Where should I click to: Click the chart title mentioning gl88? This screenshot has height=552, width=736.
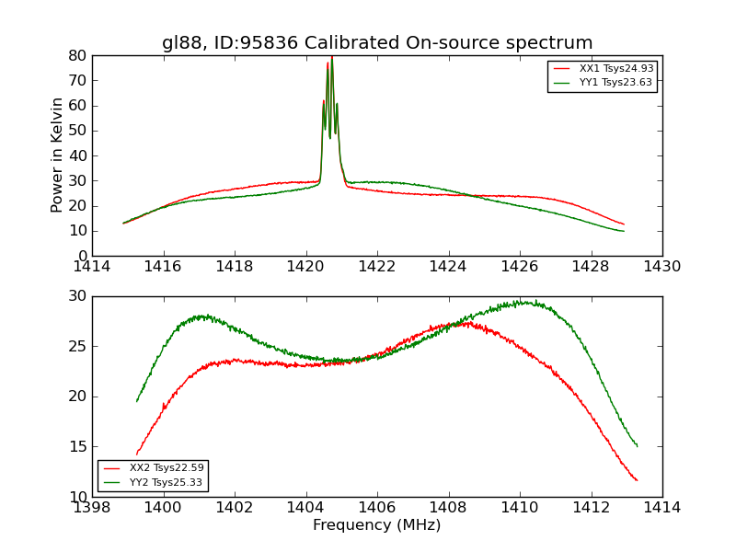(377, 43)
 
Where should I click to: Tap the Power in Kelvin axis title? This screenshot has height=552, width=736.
(57, 155)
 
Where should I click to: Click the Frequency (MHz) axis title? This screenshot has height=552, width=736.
(377, 525)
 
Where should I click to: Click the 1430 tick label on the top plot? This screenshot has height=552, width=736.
(662, 267)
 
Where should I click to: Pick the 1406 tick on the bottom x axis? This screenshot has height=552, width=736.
(377, 508)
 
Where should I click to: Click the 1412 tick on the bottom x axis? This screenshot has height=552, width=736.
(591, 508)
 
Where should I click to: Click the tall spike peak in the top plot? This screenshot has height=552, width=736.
(331, 58)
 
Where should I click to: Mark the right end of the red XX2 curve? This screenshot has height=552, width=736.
(637, 480)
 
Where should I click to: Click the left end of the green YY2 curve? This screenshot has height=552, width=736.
(137, 401)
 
